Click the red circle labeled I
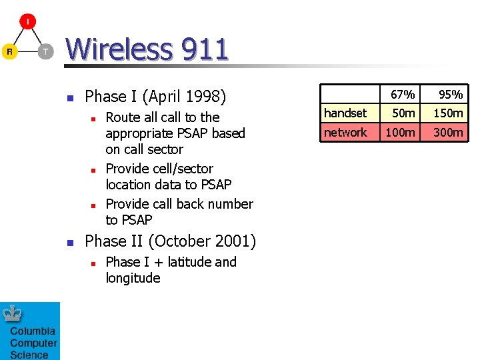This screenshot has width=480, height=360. pos(27,21)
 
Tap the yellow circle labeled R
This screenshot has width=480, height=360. pos(9,51)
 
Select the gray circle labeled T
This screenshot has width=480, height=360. pos(45,51)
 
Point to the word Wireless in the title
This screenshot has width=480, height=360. pos(117,49)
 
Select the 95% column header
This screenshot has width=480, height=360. pos(450,94)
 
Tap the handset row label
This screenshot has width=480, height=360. pos(345,113)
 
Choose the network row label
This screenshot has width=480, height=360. pos(345,133)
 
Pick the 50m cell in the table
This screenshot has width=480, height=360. pos(404,113)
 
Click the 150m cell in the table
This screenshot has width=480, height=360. pos(448,113)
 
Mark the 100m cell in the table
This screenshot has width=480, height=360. pos(401,133)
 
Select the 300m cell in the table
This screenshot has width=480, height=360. pos(448,133)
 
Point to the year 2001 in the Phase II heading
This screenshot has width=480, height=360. pos(233,241)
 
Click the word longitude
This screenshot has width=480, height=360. pos(133,278)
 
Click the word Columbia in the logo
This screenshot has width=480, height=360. pos(33,331)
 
